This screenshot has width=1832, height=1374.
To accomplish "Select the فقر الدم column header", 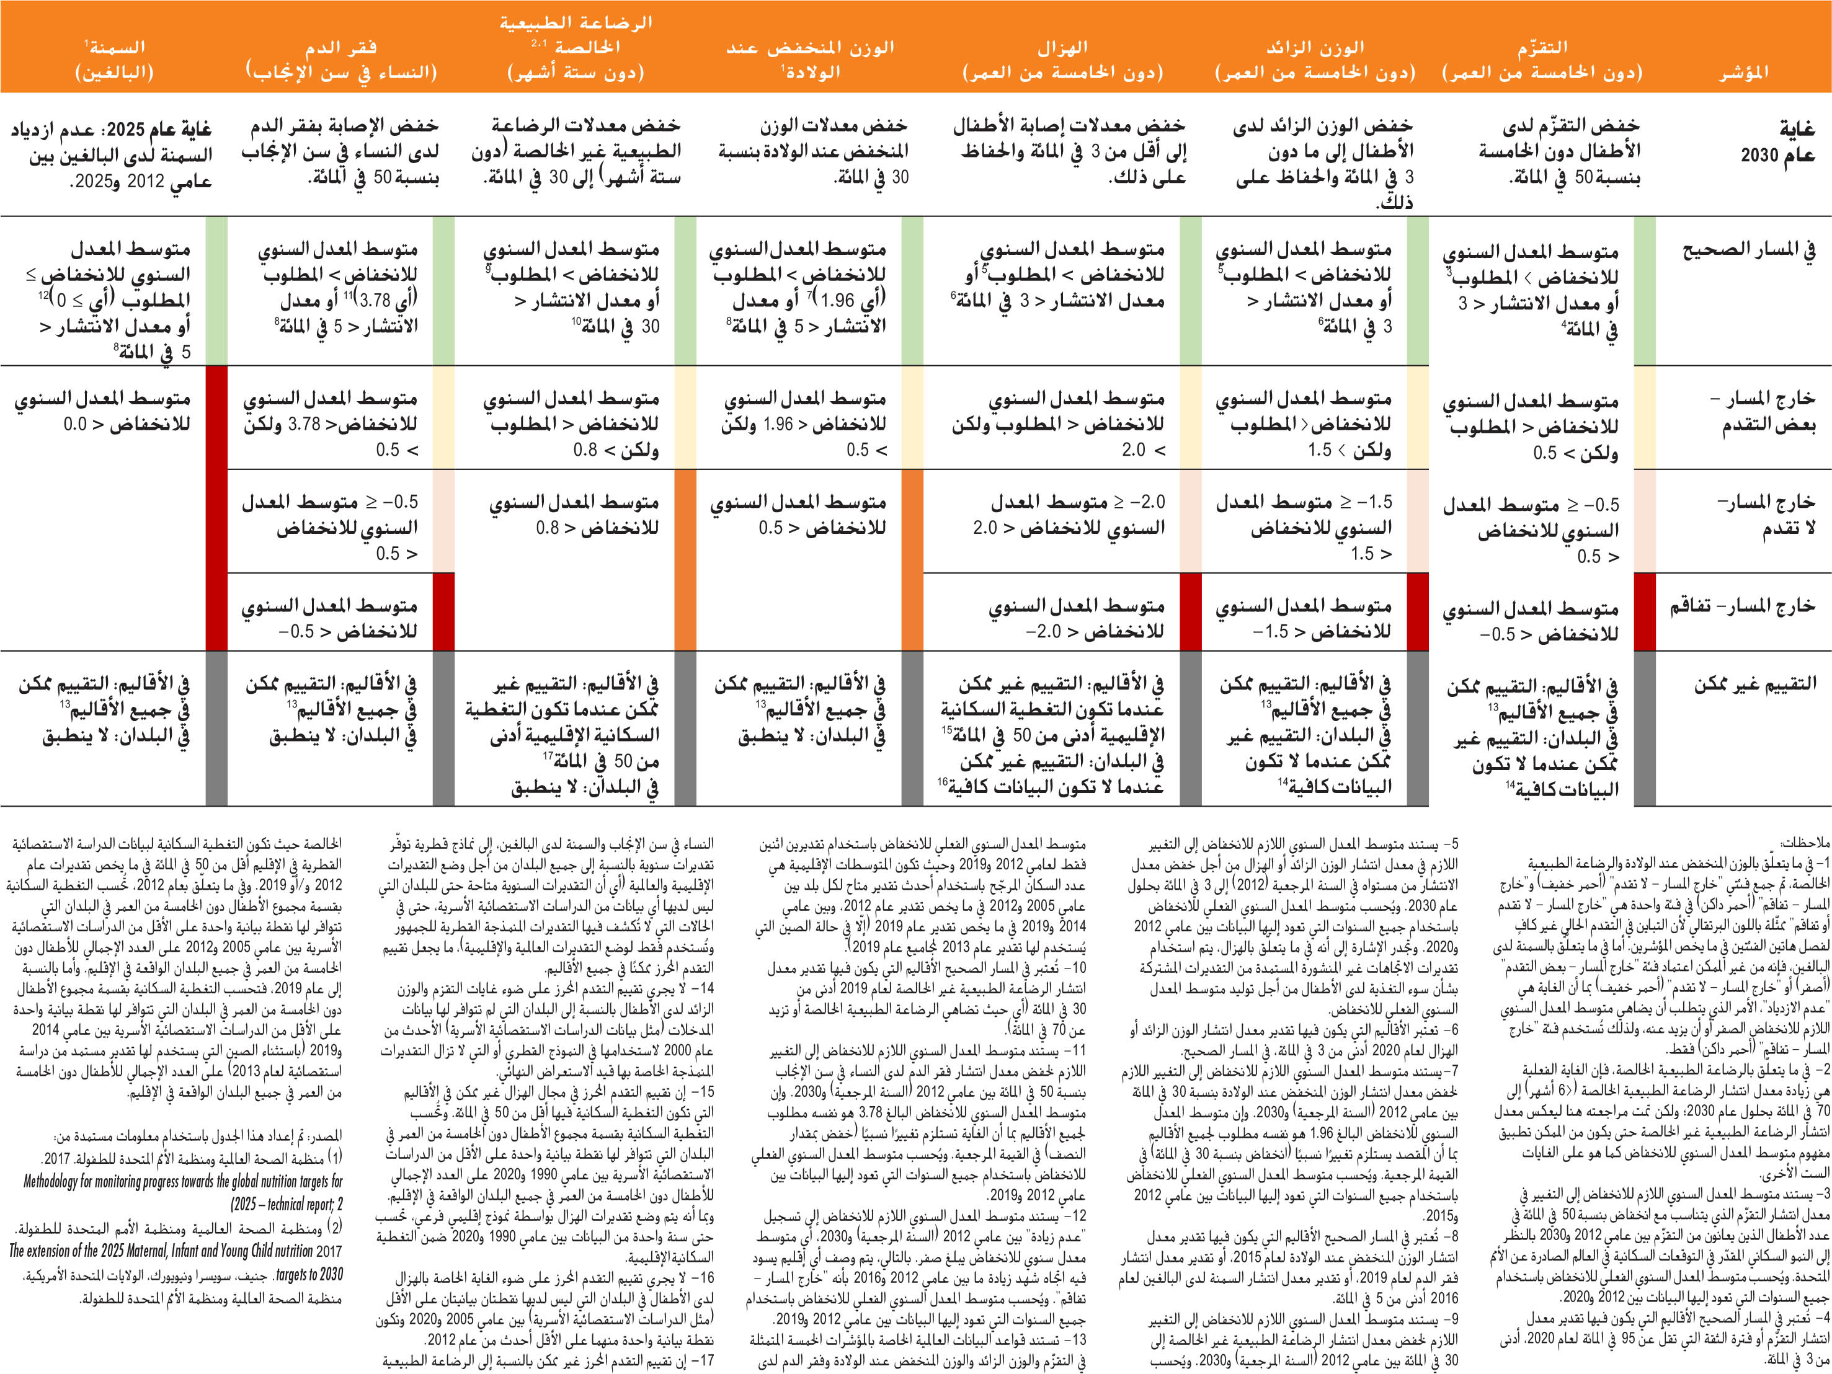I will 340,60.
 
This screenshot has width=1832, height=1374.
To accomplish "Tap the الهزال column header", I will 1062,60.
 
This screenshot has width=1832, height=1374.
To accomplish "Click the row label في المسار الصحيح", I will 1748,249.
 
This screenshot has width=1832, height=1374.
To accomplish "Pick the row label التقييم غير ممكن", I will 1754,684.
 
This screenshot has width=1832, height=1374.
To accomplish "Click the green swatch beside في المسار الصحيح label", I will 1644,291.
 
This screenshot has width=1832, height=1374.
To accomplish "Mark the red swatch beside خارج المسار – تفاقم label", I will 1644,611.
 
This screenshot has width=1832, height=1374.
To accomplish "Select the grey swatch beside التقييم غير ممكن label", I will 1644,728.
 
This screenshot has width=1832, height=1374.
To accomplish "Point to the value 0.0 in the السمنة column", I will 74,425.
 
